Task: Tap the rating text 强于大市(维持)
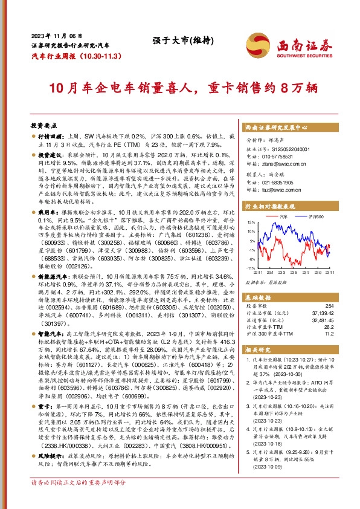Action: click(x=179, y=41)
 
